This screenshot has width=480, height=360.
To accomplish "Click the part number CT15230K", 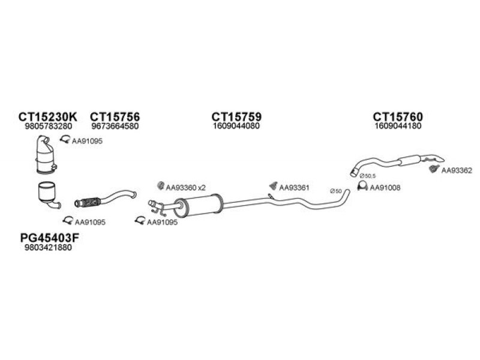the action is click(48, 116).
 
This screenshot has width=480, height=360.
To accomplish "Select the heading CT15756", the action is click(115, 116).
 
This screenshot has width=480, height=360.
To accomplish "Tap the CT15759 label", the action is click(236, 116).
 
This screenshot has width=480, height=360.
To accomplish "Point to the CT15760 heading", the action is click(398, 116).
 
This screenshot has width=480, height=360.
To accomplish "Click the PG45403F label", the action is click(50, 238).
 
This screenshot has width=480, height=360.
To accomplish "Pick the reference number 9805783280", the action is click(49, 126).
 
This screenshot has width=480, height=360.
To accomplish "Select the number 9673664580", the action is click(115, 126).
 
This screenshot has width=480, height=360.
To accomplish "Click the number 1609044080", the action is click(236, 126).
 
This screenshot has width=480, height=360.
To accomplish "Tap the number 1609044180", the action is click(398, 126).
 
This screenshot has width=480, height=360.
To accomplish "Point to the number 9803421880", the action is click(48, 247).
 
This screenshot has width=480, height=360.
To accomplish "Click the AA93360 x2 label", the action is click(186, 188).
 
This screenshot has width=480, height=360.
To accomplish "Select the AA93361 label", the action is click(294, 187).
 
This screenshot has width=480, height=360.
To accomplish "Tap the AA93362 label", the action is click(457, 170).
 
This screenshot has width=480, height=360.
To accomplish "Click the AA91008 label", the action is click(385, 188).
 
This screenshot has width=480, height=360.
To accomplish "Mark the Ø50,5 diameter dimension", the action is click(368, 176).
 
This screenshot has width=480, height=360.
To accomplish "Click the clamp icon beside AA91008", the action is click(362, 186).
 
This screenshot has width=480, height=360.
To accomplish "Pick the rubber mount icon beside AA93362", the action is click(433, 169).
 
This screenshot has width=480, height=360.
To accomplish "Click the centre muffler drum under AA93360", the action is click(199, 205).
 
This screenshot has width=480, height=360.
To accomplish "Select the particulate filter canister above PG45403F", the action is click(47, 192).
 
